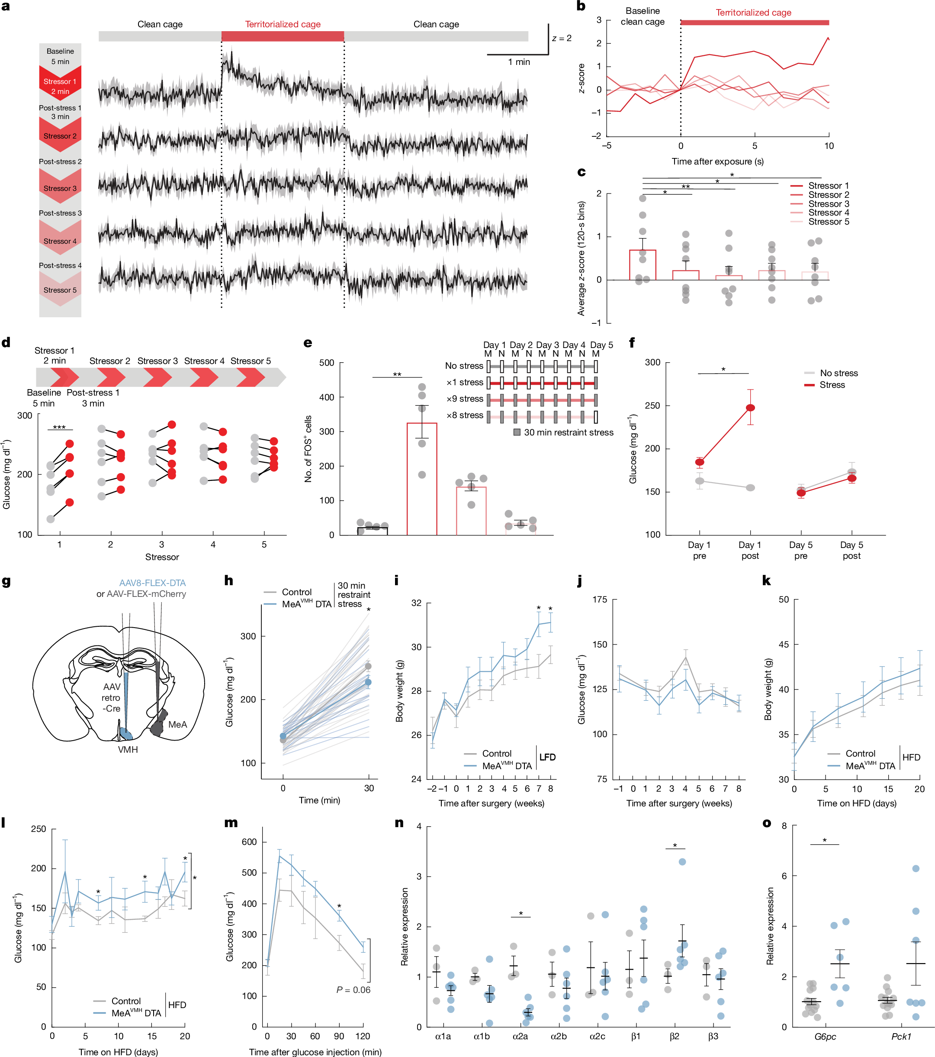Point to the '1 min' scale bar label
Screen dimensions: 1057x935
(x=518, y=62)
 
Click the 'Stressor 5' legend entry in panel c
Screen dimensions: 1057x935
(x=828, y=222)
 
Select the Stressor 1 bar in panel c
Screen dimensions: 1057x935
(x=642, y=265)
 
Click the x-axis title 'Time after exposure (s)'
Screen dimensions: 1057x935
(x=717, y=161)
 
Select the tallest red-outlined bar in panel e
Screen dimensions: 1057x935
(x=421, y=478)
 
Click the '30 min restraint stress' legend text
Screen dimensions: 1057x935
(x=568, y=432)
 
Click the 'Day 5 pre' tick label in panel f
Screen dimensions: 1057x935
(x=800, y=550)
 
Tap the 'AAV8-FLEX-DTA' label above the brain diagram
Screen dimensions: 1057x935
(x=152, y=583)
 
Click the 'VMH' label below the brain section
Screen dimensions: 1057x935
(x=128, y=749)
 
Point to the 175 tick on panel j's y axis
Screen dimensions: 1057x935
(x=600, y=599)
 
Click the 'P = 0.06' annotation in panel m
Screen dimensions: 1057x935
(x=353, y=990)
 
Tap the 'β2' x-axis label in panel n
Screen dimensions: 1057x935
(x=674, y=1036)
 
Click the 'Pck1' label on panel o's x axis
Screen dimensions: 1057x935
(x=901, y=1036)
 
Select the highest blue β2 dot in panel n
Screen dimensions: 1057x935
(x=682, y=861)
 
